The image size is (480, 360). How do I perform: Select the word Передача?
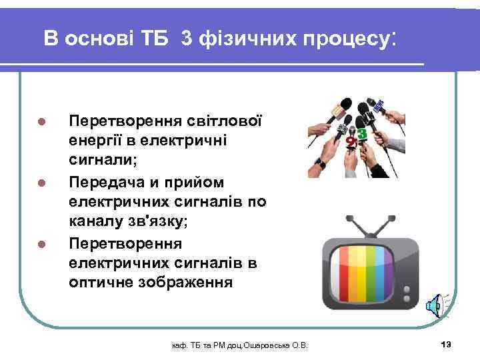pos(107,182)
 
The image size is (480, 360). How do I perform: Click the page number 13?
pos(446,344)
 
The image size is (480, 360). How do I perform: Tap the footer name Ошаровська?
pos(261,345)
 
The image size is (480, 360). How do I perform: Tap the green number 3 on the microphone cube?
pos(362,133)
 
